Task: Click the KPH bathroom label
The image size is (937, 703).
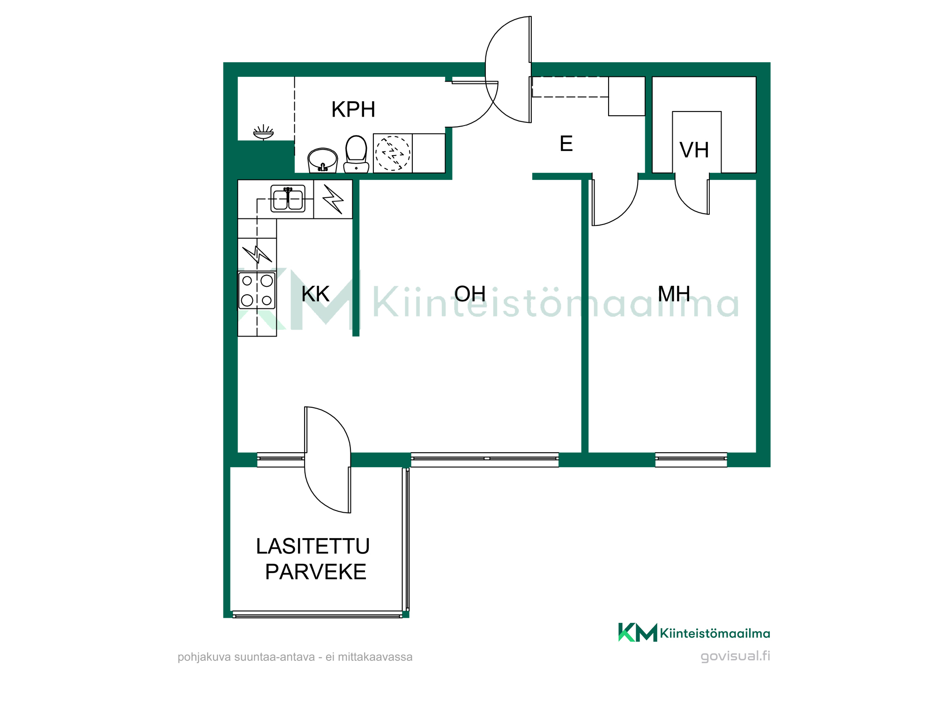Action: click(x=353, y=110)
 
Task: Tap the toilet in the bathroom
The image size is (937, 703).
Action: click(x=356, y=154)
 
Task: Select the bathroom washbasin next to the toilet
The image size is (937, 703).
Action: click(x=322, y=160)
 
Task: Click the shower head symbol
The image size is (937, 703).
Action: click(x=263, y=132)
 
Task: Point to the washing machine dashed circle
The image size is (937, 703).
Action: click(x=393, y=153)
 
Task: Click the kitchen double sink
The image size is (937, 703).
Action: click(x=288, y=198)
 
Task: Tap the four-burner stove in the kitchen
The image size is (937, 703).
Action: click(x=257, y=291)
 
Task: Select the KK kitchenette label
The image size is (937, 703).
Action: click(x=315, y=294)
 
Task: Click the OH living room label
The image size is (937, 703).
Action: click(x=470, y=294)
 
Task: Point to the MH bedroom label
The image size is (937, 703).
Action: click(x=674, y=294)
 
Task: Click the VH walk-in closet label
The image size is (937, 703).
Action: click(x=694, y=150)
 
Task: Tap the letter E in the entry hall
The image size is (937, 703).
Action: click(x=566, y=143)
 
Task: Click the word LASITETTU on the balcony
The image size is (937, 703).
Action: click(x=312, y=546)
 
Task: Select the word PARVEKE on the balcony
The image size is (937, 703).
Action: click(x=315, y=572)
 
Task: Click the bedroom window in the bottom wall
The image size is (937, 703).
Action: click(x=691, y=460)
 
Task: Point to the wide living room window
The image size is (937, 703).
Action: click(x=485, y=460)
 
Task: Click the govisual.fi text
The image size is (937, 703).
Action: click(x=735, y=656)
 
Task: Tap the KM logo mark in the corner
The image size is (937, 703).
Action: click(x=638, y=632)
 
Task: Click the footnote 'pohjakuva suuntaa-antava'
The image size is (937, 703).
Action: click(x=246, y=657)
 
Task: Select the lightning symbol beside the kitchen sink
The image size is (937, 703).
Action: click(x=333, y=199)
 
